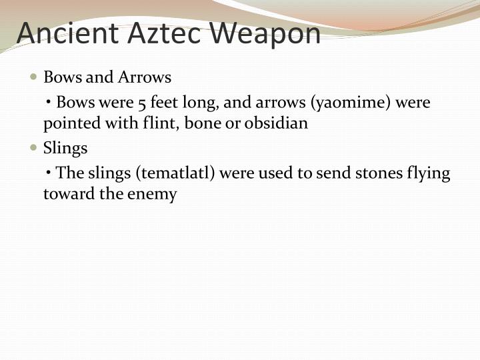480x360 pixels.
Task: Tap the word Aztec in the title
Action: pos(153,33)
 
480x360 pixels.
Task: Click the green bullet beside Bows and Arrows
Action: pos(34,77)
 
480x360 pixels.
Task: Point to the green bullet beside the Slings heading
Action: pos(34,147)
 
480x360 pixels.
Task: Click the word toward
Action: pos(64,194)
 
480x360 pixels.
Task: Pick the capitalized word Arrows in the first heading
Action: pos(145,77)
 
